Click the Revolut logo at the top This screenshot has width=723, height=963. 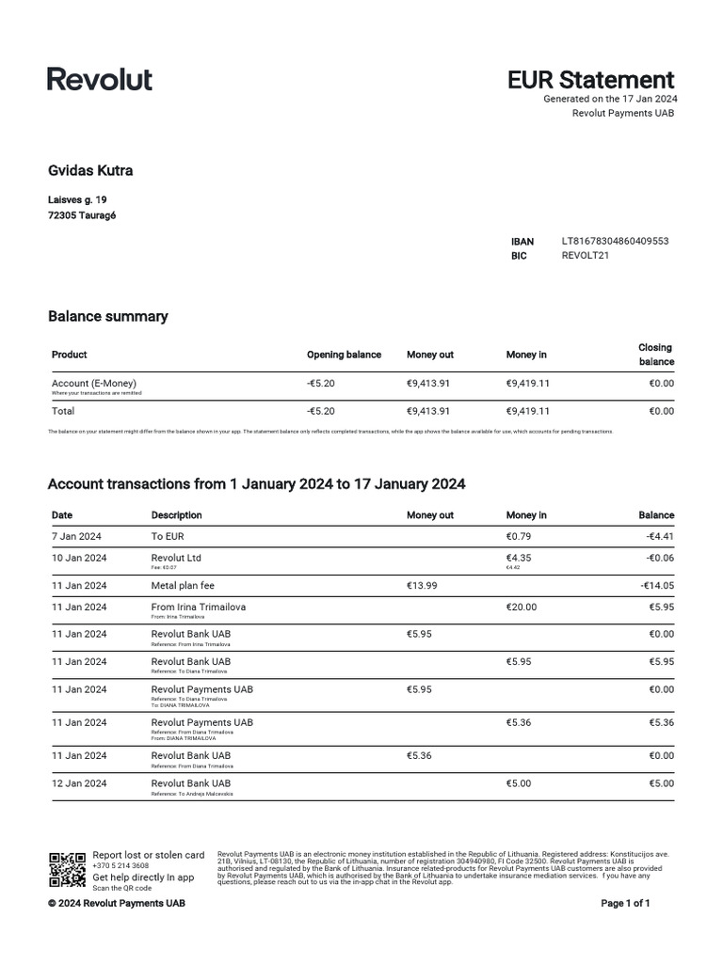tap(100, 79)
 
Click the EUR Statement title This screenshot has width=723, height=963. tap(590, 80)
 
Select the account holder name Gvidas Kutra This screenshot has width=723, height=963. tap(90, 170)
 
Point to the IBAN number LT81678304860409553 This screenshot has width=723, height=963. tap(615, 242)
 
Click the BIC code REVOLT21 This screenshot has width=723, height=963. tap(585, 256)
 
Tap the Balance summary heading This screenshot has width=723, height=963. tap(107, 316)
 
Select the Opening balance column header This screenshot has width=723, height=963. tap(344, 355)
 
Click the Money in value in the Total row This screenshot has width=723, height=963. tap(527, 411)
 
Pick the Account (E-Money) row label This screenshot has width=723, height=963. tap(94, 384)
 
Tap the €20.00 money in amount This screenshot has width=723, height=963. tap(521, 608)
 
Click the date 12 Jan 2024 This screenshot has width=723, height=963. tap(78, 782)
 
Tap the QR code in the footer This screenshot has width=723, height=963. tap(67, 870)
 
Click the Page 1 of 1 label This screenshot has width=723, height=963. tap(625, 904)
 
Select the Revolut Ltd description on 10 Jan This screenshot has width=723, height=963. tap(176, 558)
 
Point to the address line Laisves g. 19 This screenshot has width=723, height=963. tap(77, 200)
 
